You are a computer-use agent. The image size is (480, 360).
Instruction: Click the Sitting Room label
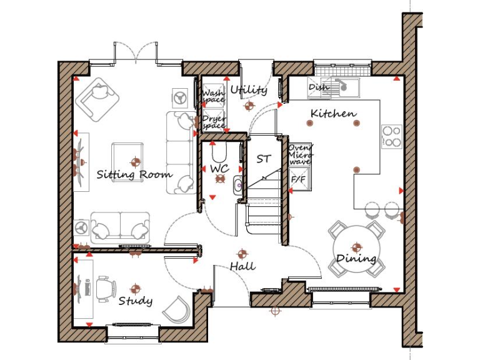click(134, 174)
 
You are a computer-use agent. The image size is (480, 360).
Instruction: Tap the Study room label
click(136, 301)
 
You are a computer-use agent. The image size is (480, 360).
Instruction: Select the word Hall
click(242, 266)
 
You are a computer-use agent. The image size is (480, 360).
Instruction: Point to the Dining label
click(356, 258)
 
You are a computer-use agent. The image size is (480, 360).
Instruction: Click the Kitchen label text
click(333, 114)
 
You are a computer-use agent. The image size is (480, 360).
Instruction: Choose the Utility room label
click(248, 90)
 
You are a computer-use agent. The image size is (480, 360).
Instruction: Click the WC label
click(219, 169)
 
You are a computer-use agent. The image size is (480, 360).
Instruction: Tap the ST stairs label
click(264, 159)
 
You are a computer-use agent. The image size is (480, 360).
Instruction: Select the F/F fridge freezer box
click(299, 179)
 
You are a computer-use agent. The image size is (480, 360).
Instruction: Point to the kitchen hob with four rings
click(391, 136)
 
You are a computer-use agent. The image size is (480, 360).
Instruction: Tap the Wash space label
click(212, 96)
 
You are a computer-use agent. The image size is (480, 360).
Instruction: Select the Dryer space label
click(212, 121)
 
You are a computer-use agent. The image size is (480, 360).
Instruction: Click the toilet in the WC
click(219, 151)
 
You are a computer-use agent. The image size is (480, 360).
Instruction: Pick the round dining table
click(356, 247)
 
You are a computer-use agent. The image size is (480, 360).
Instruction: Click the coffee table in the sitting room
click(127, 156)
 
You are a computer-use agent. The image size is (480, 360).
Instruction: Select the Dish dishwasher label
click(318, 87)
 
